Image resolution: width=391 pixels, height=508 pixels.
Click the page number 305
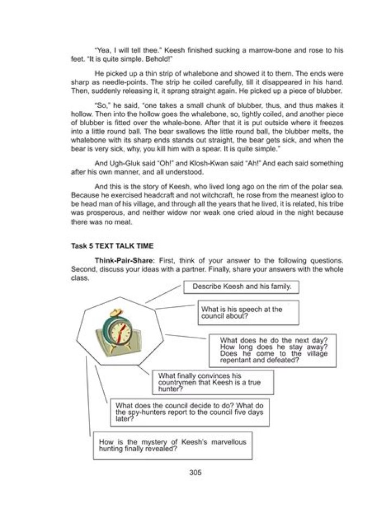pos(195,472)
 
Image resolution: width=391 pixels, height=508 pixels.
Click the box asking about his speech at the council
pos(248,313)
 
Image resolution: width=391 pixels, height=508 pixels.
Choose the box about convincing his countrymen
pos(213,382)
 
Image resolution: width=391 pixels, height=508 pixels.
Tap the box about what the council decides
pos(190,411)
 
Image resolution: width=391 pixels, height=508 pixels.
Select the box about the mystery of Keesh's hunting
pos(173,445)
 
